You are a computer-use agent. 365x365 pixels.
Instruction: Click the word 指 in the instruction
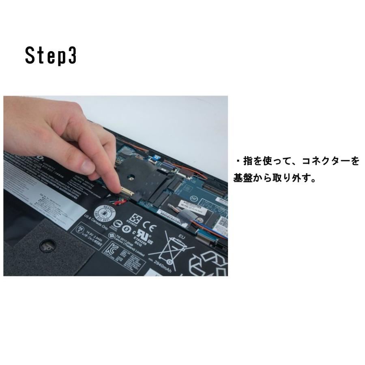(248, 161)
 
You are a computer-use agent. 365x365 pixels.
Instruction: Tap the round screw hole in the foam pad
(45, 245)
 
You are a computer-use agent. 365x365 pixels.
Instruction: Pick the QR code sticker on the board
(222, 221)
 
